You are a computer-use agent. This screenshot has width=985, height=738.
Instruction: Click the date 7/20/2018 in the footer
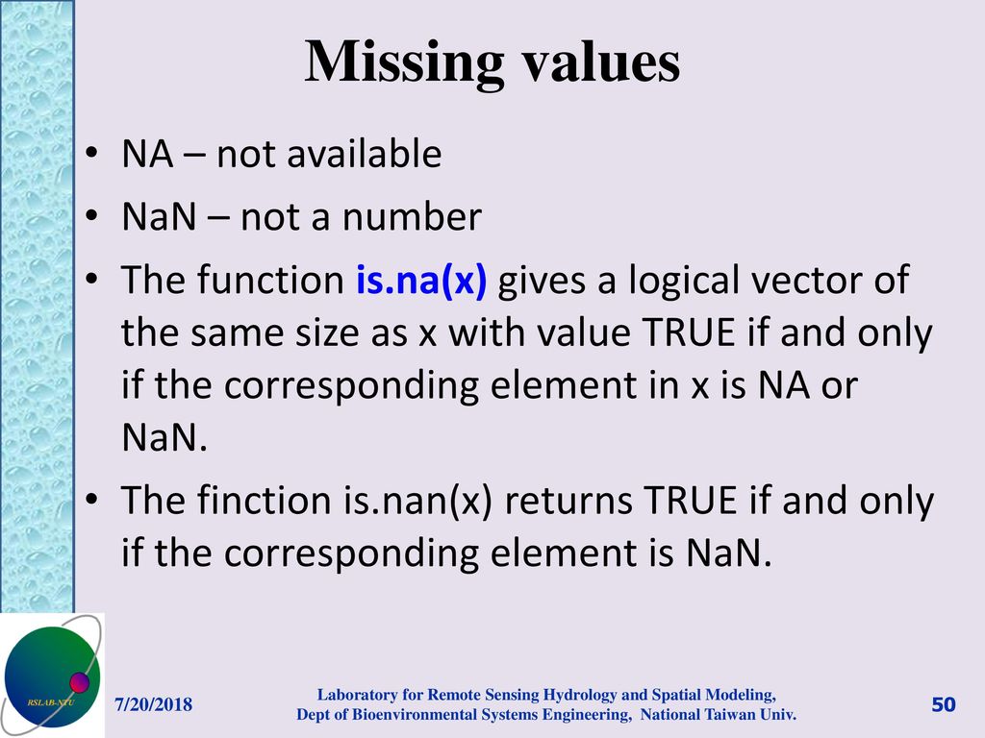click(x=154, y=706)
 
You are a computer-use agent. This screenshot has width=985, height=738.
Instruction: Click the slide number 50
click(x=943, y=706)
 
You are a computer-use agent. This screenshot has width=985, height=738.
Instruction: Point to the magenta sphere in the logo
click(x=79, y=683)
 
